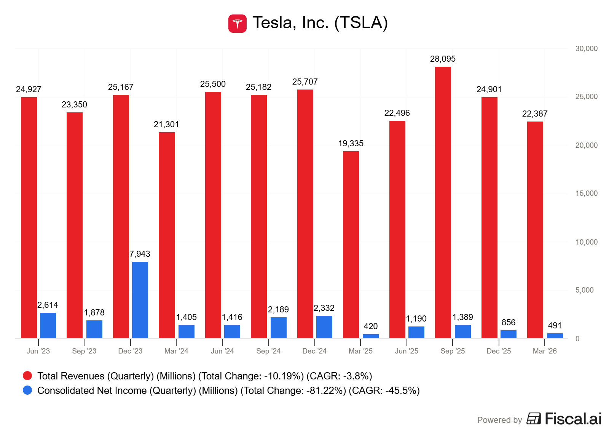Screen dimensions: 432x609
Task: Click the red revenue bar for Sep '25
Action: [443, 202]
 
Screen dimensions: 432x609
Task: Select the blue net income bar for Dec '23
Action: [140, 300]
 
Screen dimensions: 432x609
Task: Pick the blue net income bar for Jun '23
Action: [48, 325]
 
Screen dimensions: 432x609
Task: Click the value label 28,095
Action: [443, 59]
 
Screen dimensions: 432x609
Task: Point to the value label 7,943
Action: [140, 254]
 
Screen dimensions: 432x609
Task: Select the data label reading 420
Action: [370, 326]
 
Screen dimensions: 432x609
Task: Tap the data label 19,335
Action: [351, 143]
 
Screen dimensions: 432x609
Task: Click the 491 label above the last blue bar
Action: [555, 325]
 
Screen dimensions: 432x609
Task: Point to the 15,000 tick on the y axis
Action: [586, 193]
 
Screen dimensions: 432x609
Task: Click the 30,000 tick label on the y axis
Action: [586, 48]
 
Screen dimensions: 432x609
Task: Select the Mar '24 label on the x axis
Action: [176, 351]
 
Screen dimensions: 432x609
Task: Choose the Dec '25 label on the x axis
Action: [499, 351]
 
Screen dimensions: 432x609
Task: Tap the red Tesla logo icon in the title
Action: [238, 24]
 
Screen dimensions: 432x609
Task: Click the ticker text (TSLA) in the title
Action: [361, 22]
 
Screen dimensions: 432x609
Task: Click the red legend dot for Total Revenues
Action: [27, 376]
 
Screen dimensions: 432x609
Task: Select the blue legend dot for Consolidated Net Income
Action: [27, 390]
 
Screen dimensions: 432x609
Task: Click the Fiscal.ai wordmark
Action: [573, 419]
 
